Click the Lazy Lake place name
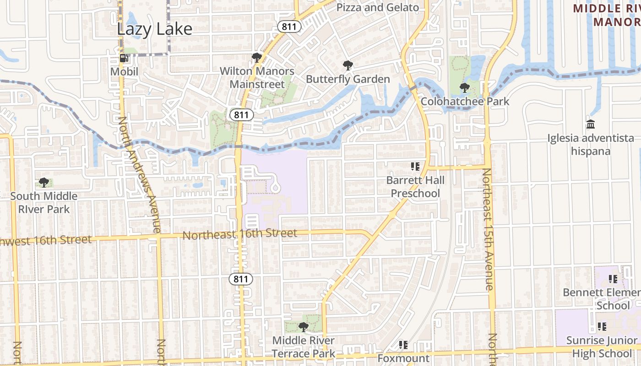pos(155,29)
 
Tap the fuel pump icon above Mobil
pos(124,58)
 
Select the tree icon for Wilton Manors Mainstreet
pos(256,57)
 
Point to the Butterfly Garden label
pos(348,79)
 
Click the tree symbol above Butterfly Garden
pos(348,65)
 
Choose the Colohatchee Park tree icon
pos(464,87)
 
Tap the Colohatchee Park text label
pos(465,101)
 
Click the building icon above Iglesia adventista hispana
pos(591,124)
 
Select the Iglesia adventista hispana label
pos(591,144)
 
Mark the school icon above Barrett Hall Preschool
pos(415,166)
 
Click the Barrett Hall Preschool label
pos(415,187)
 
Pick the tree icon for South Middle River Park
pos(44,183)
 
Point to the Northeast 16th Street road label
pos(240,234)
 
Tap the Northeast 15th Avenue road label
pos(488,229)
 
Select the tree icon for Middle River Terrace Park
pos(303,327)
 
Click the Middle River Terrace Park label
pos(304,347)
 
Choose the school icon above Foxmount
pos(403,344)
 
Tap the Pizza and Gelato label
pos(378,7)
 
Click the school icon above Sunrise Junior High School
pos(602,326)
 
